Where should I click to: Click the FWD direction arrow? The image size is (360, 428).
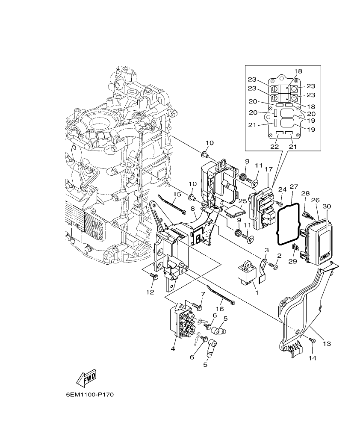click(x=86, y=377)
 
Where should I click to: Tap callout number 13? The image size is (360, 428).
click(x=327, y=343)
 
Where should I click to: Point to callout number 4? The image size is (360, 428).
click(x=173, y=349)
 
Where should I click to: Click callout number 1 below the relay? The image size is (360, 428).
click(x=257, y=293)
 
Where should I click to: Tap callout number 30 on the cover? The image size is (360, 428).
click(x=327, y=206)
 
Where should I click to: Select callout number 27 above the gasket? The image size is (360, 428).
click(x=293, y=186)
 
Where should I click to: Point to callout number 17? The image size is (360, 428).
click(x=268, y=169)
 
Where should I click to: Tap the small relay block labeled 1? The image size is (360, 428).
click(x=246, y=272)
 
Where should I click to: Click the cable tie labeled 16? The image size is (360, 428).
click(x=221, y=295)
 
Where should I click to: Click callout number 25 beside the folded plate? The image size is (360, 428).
click(x=243, y=201)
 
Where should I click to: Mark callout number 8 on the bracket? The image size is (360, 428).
click(x=192, y=208)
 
